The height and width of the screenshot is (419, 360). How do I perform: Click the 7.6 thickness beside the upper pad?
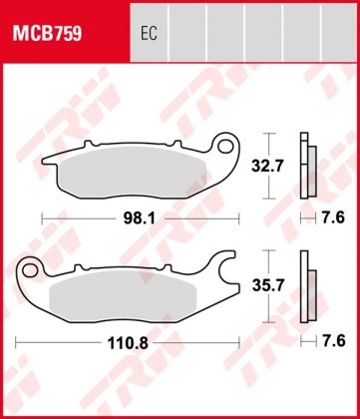(336, 215)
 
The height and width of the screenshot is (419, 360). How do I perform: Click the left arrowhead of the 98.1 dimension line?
(42, 215)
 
